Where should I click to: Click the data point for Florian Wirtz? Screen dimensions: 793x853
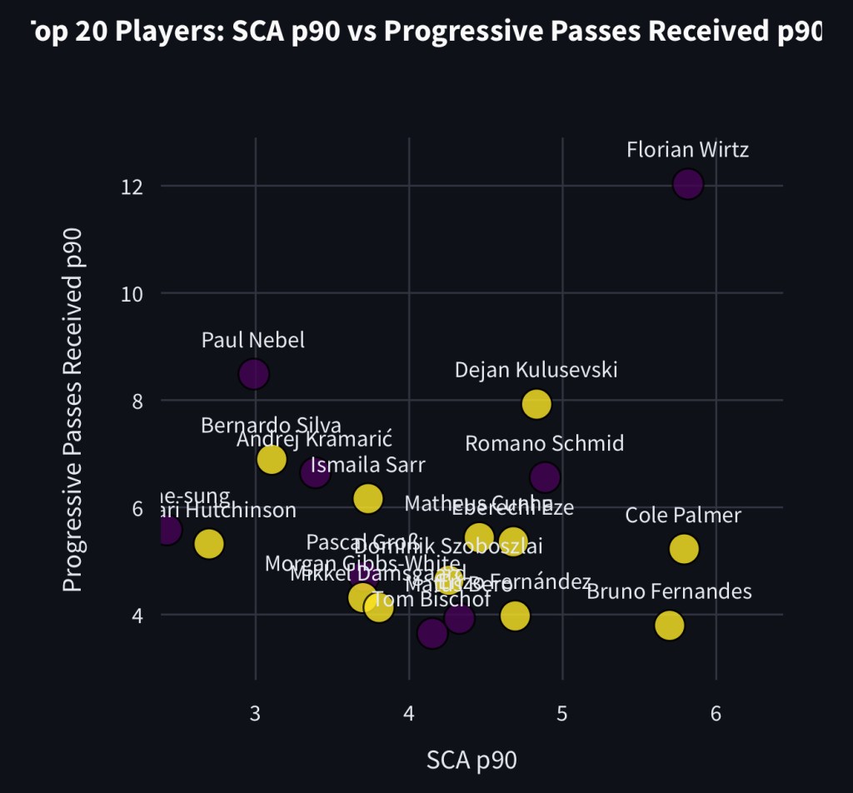(688, 183)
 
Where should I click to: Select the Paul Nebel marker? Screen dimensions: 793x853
(253, 374)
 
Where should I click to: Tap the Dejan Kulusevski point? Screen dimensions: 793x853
(536, 403)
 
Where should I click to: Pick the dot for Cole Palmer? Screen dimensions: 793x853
(683, 549)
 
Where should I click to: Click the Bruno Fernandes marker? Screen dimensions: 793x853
(669, 625)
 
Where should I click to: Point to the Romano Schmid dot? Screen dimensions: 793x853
(544, 477)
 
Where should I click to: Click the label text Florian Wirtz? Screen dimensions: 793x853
(687, 151)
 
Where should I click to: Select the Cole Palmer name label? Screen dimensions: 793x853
(683, 516)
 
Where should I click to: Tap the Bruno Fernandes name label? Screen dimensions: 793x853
(669, 592)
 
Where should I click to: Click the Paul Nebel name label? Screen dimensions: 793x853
(253, 341)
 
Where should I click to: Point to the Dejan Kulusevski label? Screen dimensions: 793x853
(536, 370)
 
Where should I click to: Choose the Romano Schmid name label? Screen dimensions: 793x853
(544, 443)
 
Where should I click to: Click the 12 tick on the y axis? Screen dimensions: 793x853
(132, 186)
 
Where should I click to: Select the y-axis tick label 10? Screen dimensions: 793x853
(132, 293)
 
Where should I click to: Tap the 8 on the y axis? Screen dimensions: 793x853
(137, 401)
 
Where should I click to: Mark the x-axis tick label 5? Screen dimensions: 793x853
(562, 714)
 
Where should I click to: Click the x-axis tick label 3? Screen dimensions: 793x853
(255, 714)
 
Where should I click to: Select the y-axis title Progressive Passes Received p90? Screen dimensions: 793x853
(74, 409)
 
